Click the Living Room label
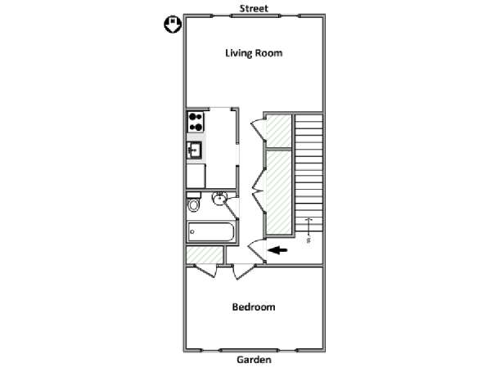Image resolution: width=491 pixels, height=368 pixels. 254,53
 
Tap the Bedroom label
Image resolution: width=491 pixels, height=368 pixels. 254,307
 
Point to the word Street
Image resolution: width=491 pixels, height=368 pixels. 254,8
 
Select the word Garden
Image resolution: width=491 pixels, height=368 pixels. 254,360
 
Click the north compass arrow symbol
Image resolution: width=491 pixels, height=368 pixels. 173,25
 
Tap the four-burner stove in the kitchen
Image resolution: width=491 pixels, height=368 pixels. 196,122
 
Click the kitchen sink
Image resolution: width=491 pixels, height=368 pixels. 194,150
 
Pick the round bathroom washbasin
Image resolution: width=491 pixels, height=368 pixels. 219,198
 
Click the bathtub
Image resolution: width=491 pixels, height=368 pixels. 211,232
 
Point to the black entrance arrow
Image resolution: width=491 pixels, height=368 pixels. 277,249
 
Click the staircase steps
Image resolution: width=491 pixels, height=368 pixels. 309,173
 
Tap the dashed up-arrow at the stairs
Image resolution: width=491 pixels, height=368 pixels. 309,231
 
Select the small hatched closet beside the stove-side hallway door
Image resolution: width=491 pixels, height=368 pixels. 279,131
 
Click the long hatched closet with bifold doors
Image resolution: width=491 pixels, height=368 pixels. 279,192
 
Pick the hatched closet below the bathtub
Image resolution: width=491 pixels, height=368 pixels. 205,254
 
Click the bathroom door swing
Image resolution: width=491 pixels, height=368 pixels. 232,207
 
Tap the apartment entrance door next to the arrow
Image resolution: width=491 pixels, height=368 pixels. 258,249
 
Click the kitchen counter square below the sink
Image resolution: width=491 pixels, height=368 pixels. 196,176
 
